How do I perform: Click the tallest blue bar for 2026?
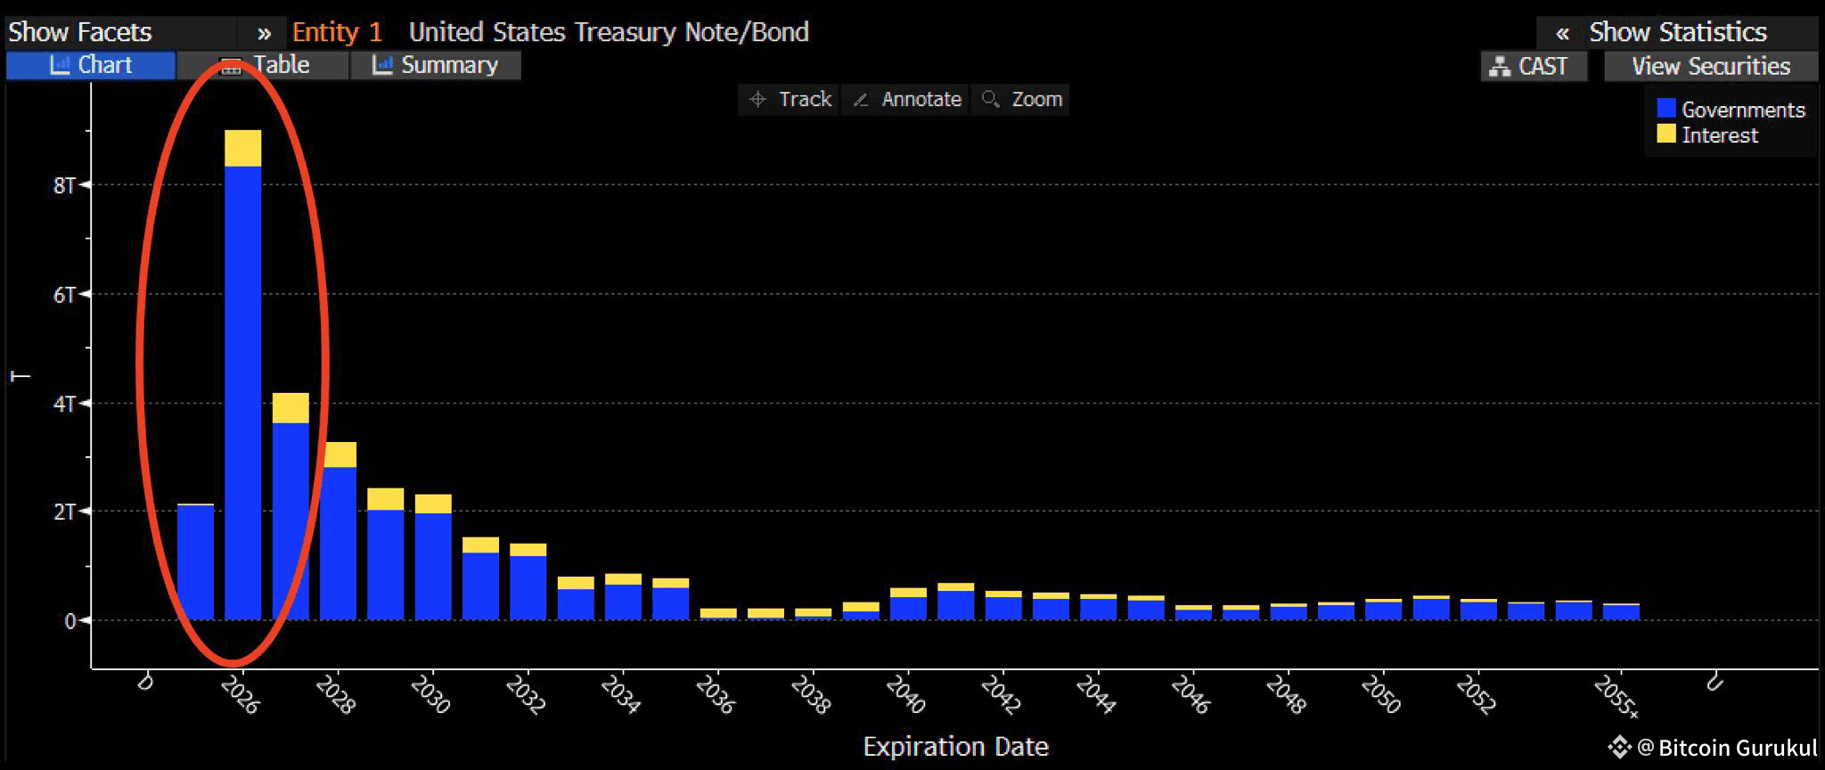click(x=242, y=392)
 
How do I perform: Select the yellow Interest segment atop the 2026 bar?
click(x=242, y=148)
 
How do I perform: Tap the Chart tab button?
click(x=91, y=65)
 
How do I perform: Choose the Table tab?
click(x=264, y=65)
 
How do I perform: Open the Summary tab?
click(x=436, y=65)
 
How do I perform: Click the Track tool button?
click(x=790, y=99)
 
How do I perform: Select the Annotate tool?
click(x=906, y=99)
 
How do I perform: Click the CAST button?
click(x=1534, y=66)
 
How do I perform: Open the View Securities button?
click(x=1710, y=66)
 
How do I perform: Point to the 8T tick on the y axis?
click(x=66, y=185)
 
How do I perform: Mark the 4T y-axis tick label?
click(x=66, y=404)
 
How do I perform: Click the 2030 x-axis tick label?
click(x=430, y=694)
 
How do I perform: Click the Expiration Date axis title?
click(x=955, y=746)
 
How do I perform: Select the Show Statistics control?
click(x=1676, y=32)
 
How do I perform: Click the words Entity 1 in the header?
click(x=337, y=32)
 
